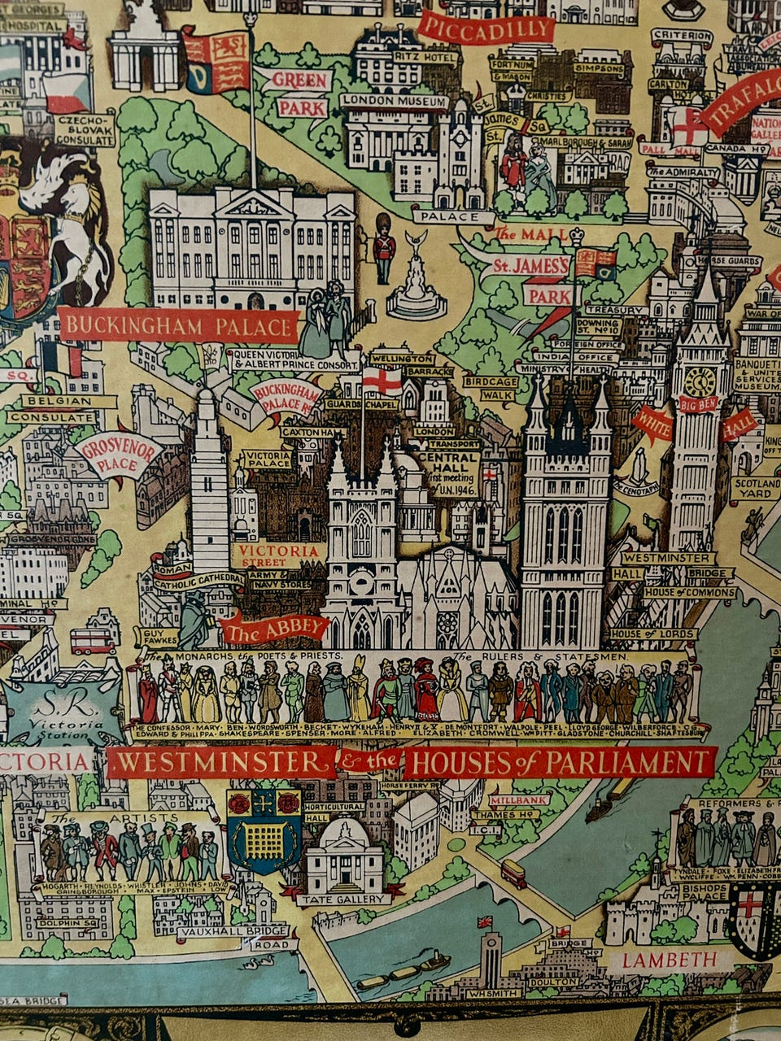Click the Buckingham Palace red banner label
[x=179, y=327]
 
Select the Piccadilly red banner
[x=486, y=29]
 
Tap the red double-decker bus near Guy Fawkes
[x=93, y=642]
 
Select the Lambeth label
[x=670, y=960]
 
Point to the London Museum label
[x=395, y=102]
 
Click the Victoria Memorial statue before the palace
[x=417, y=277]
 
